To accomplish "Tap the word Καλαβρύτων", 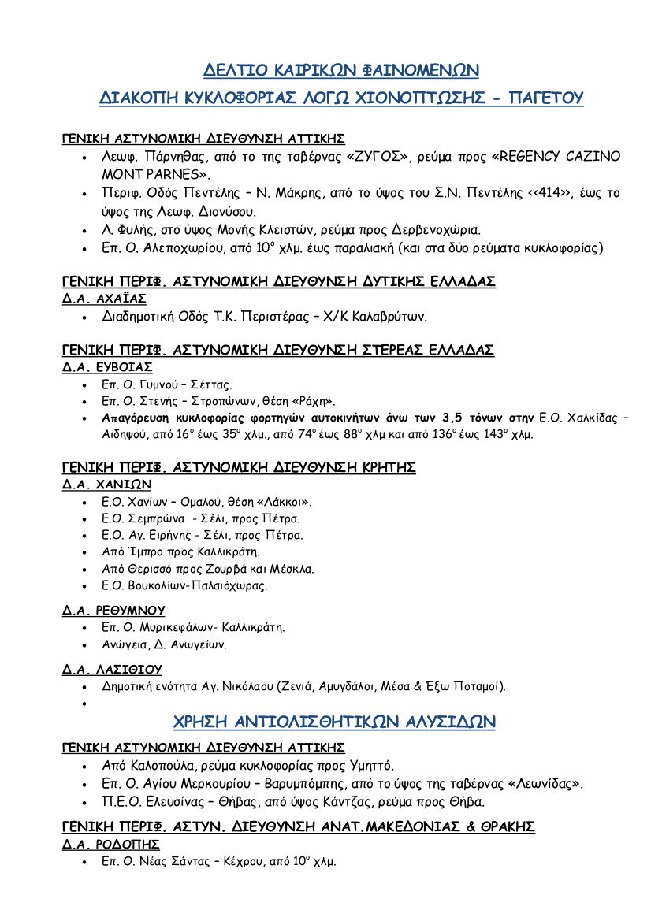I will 391,318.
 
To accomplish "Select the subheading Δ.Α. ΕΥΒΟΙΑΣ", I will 107,367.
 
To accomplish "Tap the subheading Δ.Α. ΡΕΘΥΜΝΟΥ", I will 113,610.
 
